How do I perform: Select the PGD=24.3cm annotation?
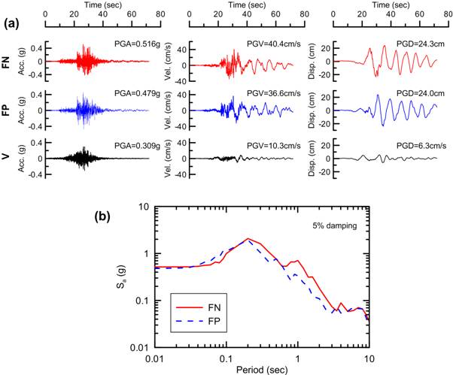click(414, 47)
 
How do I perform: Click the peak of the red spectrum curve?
click(248, 239)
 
